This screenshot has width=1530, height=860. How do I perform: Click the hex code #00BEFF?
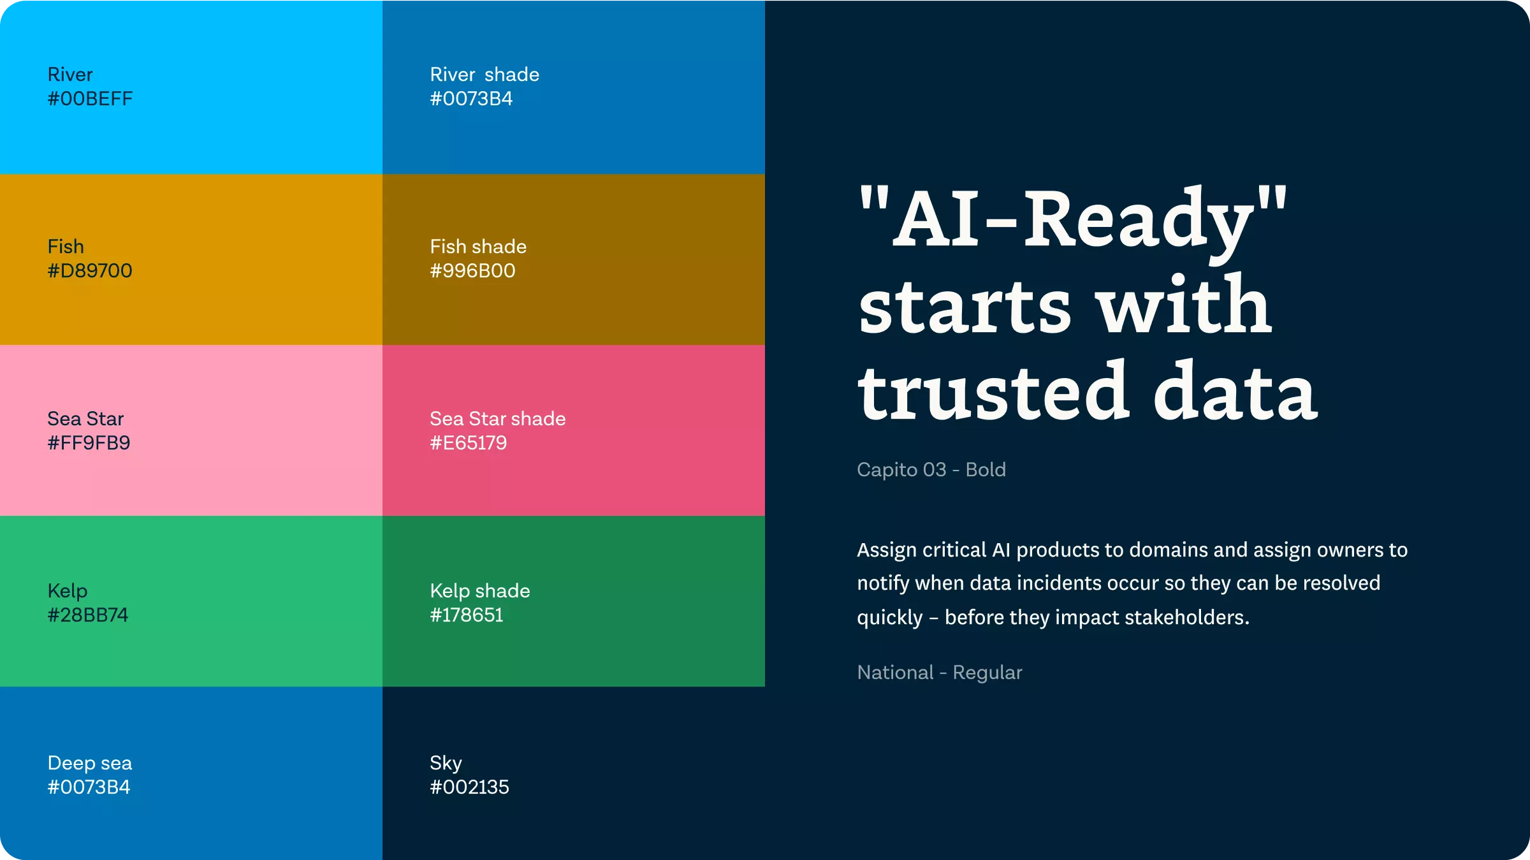coord(90,99)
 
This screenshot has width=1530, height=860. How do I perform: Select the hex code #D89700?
coord(90,271)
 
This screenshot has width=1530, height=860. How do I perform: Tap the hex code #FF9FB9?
coord(89,443)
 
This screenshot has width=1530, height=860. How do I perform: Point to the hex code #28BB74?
coord(88,615)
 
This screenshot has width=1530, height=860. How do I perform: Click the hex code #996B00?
coord(472,271)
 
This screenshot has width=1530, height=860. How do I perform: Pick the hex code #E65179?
coord(469,443)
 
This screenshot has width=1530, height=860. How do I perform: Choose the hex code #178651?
coord(467,615)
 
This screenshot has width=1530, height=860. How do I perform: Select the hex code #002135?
coord(469,787)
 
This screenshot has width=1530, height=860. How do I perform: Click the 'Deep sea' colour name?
coord(90,763)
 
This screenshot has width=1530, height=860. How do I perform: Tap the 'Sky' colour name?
coord(446,764)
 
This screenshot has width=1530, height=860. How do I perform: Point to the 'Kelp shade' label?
coord(480,592)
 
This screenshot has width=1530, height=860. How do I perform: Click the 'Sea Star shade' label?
coord(498,419)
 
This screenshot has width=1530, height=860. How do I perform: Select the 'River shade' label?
coord(484,75)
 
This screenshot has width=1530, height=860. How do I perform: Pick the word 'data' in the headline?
coord(1235,390)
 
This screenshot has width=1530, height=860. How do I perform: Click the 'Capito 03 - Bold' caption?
coord(931,470)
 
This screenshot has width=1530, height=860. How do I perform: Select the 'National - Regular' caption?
coord(940,673)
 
